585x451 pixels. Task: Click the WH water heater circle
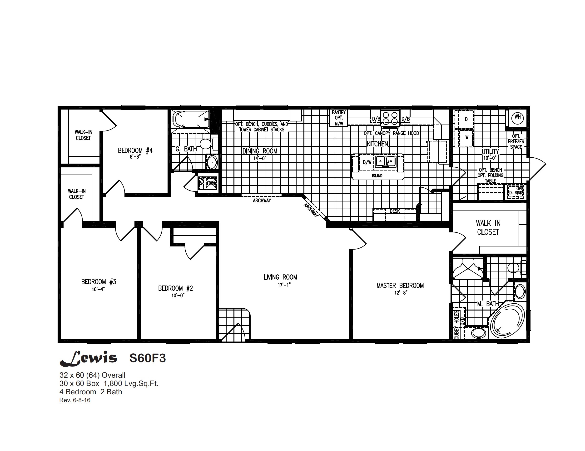pyautogui.click(x=517, y=117)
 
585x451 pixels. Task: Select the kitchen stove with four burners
pyautogui.click(x=390, y=118)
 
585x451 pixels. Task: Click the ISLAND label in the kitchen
pyautogui.click(x=377, y=176)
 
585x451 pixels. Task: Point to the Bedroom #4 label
pyautogui.click(x=135, y=150)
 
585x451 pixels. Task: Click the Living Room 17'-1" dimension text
pyautogui.click(x=284, y=285)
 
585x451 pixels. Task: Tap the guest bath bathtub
pyautogui.click(x=191, y=119)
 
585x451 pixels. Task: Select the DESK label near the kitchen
pyautogui.click(x=395, y=211)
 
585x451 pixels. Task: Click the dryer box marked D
pyautogui.click(x=466, y=119)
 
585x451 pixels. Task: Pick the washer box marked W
pyautogui.click(x=467, y=137)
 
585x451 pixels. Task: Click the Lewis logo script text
pyautogui.click(x=88, y=358)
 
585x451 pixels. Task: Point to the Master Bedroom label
pyautogui.click(x=400, y=286)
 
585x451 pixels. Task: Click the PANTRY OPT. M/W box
pyautogui.click(x=339, y=118)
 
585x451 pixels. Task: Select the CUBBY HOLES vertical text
pyautogui.click(x=456, y=325)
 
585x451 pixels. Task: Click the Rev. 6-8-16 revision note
pyautogui.click(x=75, y=400)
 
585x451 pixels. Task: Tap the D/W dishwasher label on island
pyautogui.click(x=367, y=162)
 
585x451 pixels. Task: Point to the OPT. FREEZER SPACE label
pyautogui.click(x=516, y=141)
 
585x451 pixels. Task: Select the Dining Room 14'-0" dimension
pyautogui.click(x=260, y=158)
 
